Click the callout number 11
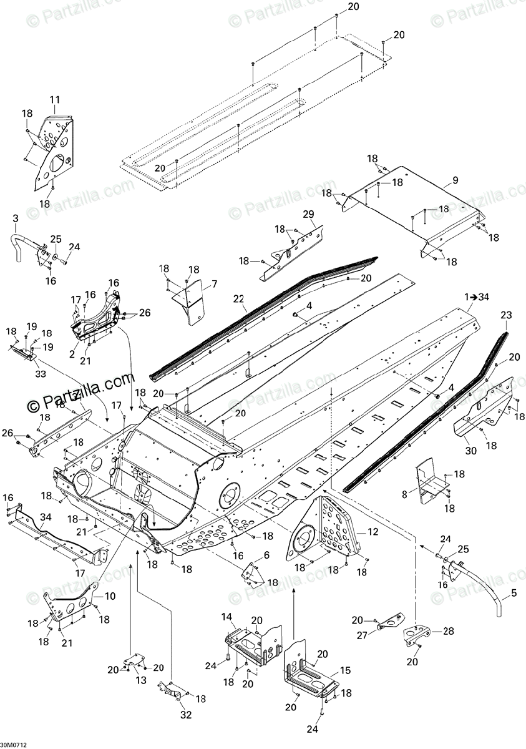pyautogui.click(x=55, y=99)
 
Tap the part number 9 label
pyautogui.click(x=455, y=180)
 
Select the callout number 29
pyautogui.click(x=308, y=215)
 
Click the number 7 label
pyautogui.click(x=214, y=284)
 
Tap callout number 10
pyautogui.click(x=110, y=596)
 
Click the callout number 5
pyautogui.click(x=514, y=595)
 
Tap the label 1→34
pyautogui.click(x=477, y=296)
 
